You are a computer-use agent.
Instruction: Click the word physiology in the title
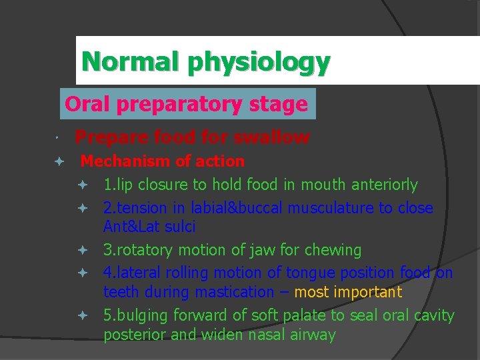(x=259, y=63)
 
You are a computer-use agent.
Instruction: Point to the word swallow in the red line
(x=273, y=138)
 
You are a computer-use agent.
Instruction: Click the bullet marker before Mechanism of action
(x=59, y=161)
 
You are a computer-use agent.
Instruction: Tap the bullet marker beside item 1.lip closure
(x=83, y=185)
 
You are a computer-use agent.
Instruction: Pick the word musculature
(x=337, y=208)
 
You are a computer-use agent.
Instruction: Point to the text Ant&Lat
(x=132, y=227)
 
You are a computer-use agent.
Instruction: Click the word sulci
(x=180, y=227)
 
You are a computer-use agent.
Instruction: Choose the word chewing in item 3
(x=333, y=251)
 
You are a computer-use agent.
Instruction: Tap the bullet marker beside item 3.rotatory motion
(x=83, y=251)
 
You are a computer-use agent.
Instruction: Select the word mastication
(x=237, y=292)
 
